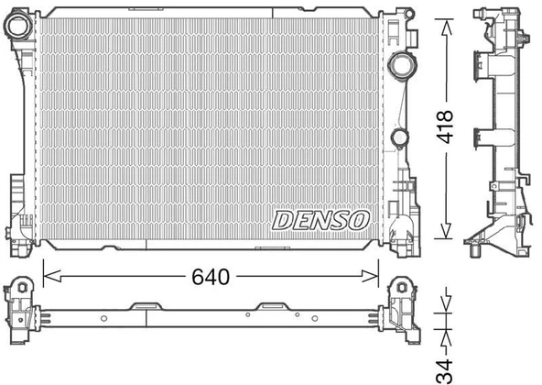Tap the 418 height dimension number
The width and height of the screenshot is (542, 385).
click(447, 129)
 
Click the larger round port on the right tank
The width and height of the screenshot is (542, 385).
click(400, 69)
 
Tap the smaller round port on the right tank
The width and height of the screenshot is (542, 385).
click(399, 137)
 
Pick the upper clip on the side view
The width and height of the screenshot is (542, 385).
click(481, 64)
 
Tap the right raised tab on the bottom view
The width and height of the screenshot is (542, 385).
click(272, 306)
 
